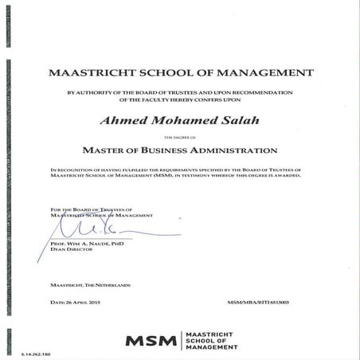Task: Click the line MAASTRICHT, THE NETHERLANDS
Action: [x=90, y=284]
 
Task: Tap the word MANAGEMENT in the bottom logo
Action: [x=213, y=347]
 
